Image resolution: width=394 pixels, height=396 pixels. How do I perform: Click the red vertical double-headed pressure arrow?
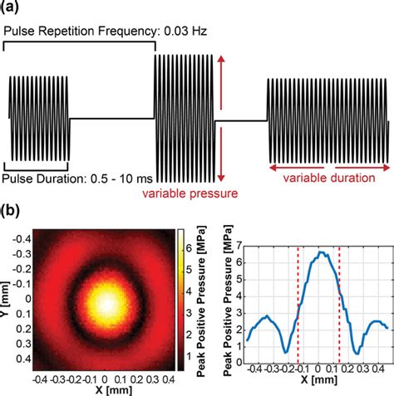point(221,120)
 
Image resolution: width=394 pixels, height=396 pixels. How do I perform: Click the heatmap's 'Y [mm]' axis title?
point(9,301)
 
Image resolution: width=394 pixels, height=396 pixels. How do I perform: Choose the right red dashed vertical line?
point(339,303)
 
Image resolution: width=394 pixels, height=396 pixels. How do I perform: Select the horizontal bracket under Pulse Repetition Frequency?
point(80,45)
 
